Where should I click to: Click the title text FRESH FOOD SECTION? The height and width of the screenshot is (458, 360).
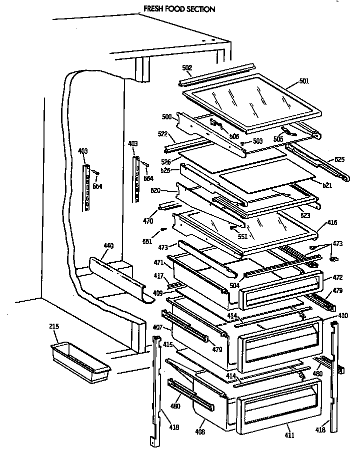tap(172, 9)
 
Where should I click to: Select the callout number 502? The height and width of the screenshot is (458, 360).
tap(187, 68)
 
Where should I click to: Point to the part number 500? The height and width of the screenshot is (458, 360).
tap(166, 117)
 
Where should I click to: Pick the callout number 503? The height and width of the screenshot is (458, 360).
tap(257, 141)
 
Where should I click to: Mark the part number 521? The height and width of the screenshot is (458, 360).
tap(327, 185)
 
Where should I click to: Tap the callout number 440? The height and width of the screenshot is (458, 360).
tap(108, 246)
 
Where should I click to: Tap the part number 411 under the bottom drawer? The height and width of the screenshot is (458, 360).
tap(289, 435)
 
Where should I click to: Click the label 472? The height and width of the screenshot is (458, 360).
tap(337, 277)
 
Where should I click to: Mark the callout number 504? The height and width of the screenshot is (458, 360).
tap(249, 285)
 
